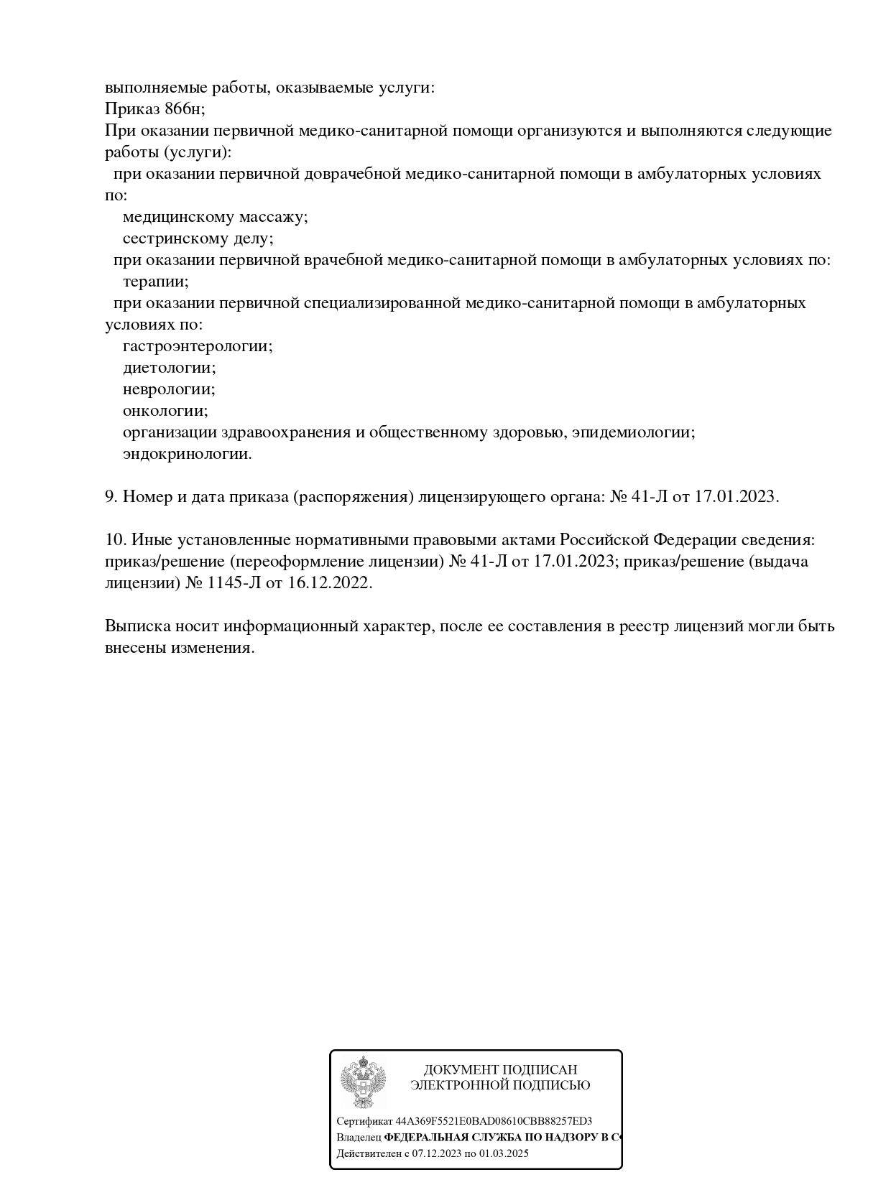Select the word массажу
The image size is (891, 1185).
[273, 217]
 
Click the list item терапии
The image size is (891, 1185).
[155, 282]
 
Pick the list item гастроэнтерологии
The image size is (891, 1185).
[198, 346]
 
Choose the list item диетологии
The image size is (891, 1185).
[169, 368]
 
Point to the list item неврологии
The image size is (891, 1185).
[169, 389]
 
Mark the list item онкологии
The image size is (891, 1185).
[165, 411]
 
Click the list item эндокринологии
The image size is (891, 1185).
[187, 454]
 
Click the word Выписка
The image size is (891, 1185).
[137, 626]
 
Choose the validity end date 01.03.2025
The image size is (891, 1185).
[504, 1154]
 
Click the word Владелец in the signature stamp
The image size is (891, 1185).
[359, 1138]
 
